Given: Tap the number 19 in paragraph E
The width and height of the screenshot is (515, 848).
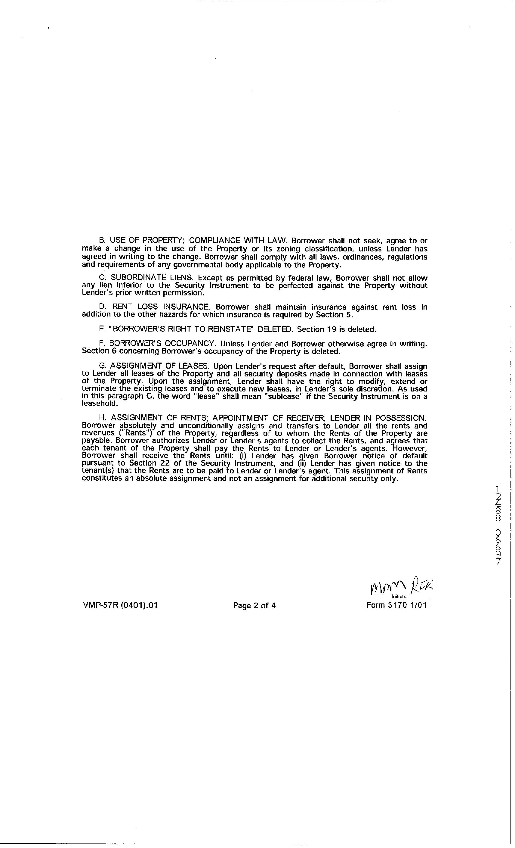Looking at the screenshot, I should (x=332, y=329).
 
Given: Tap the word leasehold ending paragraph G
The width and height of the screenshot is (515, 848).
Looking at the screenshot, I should (x=100, y=404).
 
